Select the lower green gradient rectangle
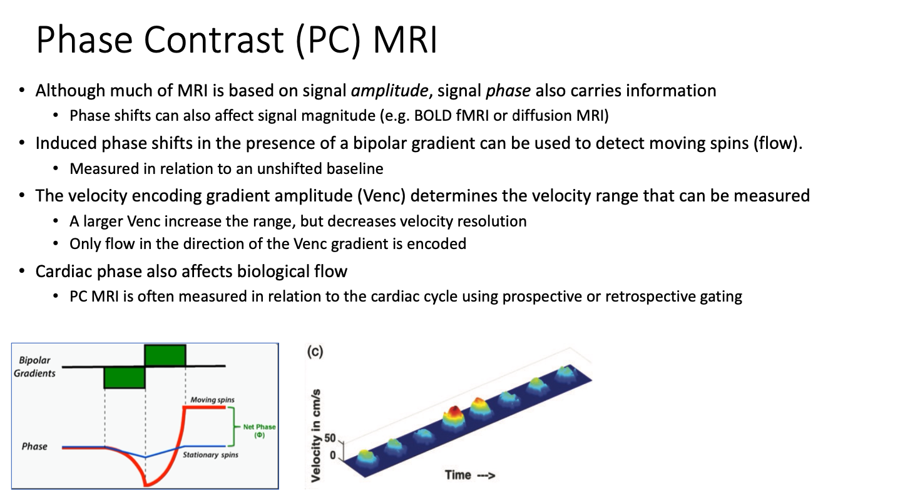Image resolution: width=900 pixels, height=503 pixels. [125, 377]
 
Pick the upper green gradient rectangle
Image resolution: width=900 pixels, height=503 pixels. [165, 355]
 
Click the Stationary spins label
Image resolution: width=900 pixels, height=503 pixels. [210, 455]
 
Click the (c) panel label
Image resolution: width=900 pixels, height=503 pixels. [314, 352]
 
